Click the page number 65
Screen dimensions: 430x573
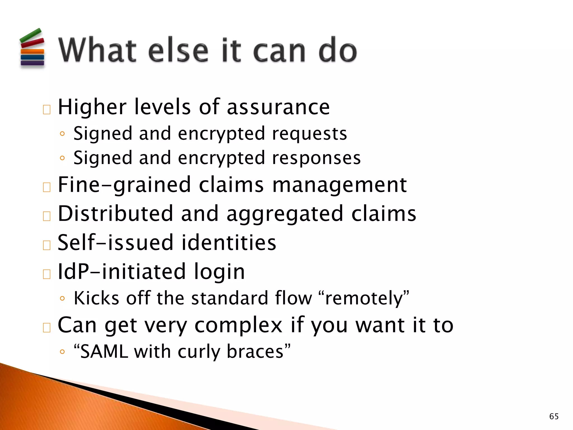[x=554, y=416]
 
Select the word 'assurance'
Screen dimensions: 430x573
[x=278, y=107]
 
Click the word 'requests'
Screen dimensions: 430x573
[x=309, y=134]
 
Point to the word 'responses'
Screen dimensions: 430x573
[x=316, y=158]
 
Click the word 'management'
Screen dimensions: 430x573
[x=339, y=185]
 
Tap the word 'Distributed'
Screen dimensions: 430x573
[x=115, y=214]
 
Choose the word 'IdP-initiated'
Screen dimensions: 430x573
[x=121, y=272]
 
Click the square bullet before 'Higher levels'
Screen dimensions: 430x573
[x=47, y=109]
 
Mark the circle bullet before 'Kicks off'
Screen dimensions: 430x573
[x=62, y=298]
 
